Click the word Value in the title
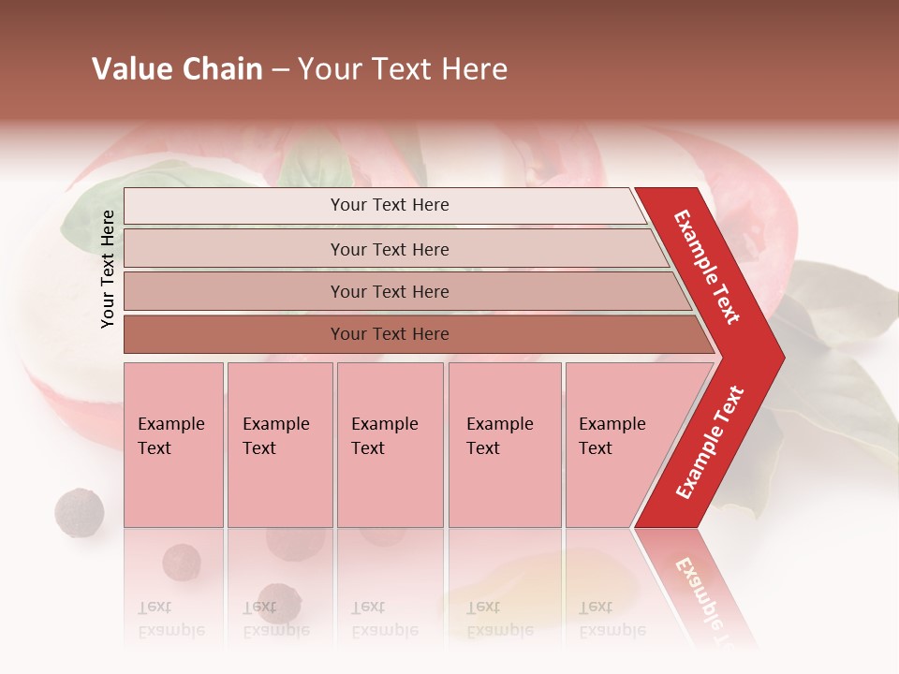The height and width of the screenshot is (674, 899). click(131, 69)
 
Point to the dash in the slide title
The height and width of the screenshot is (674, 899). click(280, 71)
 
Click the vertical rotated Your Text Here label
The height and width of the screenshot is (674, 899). click(108, 269)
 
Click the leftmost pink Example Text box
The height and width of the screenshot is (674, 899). click(173, 445)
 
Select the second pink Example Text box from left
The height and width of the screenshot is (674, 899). click(279, 445)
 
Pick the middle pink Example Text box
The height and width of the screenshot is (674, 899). click(390, 445)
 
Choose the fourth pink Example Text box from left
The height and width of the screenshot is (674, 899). click(504, 445)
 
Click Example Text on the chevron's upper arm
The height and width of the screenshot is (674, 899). click(707, 267)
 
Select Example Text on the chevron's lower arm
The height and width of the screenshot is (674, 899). click(710, 442)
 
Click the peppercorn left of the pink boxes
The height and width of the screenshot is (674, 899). click(79, 512)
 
